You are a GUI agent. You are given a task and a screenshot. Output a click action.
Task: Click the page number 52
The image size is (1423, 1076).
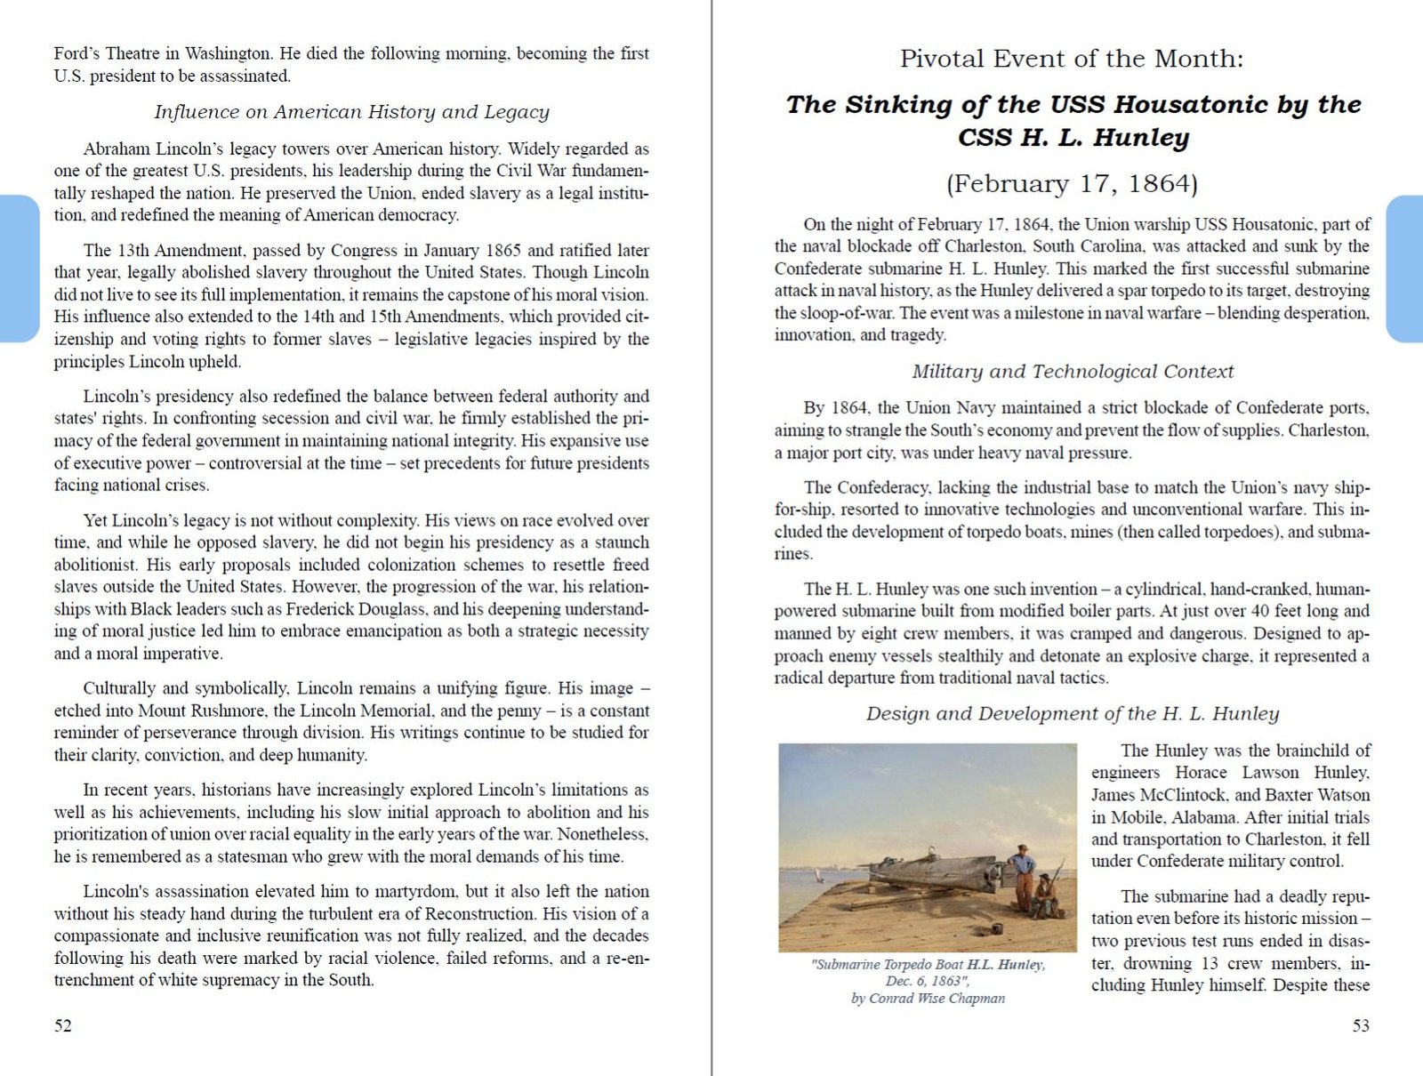pos(62,1025)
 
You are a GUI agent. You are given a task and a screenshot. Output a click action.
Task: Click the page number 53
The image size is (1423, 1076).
pos(1361,1025)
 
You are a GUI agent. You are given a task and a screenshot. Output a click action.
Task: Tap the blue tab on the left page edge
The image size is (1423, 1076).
pos(18,269)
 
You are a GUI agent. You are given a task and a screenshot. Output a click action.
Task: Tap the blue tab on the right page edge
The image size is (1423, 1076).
pos(1405,269)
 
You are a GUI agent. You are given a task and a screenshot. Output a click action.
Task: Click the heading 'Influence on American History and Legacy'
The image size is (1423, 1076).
pos(351,112)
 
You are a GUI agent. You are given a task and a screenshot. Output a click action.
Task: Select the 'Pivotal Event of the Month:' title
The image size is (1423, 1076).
pos(1072,60)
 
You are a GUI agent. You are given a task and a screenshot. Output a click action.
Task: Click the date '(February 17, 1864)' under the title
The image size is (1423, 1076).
pos(1072,184)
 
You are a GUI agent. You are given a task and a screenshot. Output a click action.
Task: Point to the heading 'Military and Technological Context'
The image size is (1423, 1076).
pos(1072,372)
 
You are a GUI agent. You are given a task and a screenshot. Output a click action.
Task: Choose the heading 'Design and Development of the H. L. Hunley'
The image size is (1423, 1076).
pos(1072,714)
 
